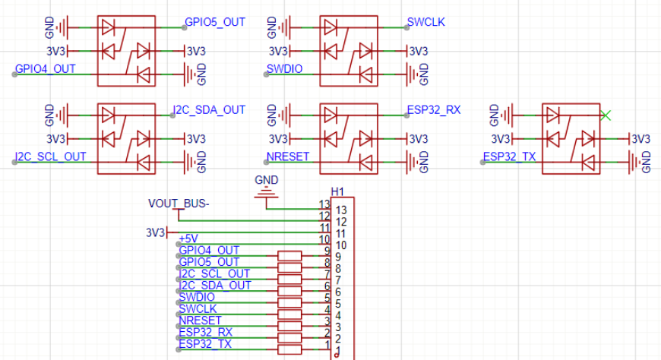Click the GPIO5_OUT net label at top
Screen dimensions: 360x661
click(214, 22)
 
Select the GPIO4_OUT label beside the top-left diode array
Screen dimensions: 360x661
click(46, 69)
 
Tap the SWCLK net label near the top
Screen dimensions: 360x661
click(425, 22)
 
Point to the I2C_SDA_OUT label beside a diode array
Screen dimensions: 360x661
click(209, 110)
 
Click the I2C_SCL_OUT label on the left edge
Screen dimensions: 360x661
click(50, 157)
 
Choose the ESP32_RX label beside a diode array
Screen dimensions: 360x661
click(433, 110)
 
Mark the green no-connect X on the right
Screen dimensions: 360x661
click(606, 115)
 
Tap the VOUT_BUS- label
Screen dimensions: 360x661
click(179, 204)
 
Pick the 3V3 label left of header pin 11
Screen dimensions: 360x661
click(155, 232)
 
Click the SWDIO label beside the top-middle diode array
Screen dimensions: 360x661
click(285, 69)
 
